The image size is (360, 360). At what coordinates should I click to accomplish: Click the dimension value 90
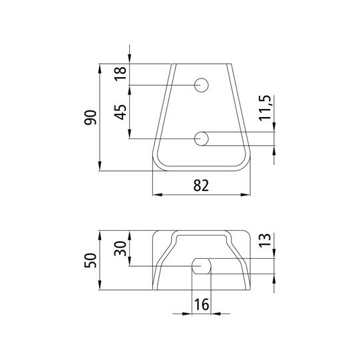point(91,118)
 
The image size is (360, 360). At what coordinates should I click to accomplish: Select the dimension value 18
point(120,73)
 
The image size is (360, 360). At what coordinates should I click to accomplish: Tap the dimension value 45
point(120,111)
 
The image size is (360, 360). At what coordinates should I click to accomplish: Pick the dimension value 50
point(91,260)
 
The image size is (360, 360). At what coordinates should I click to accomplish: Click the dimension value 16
point(201,305)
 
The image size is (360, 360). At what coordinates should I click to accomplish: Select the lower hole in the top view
point(202,138)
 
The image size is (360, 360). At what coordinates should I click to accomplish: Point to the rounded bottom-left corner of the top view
point(159,162)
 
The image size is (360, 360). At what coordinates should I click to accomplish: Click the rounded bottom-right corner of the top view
point(244,162)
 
